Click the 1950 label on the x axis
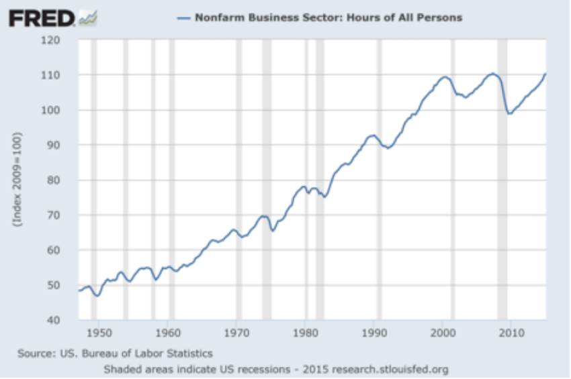(x=99, y=332)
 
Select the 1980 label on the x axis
(x=305, y=332)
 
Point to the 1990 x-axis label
(x=374, y=332)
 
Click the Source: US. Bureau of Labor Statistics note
(x=115, y=353)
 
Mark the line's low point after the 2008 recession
(x=509, y=113)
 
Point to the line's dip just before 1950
(x=97, y=296)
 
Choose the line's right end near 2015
(x=545, y=74)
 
